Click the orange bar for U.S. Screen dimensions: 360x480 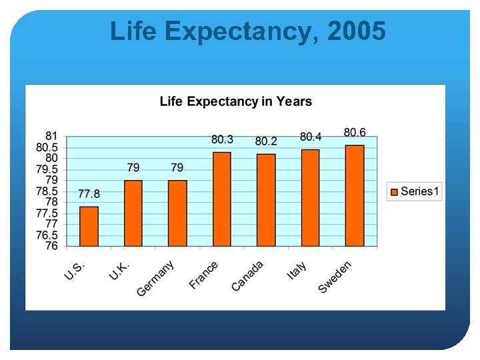tap(89, 227)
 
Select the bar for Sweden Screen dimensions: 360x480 tap(355, 196)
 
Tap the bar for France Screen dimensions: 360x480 tap(222, 199)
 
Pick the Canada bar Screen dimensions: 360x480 tap(266, 200)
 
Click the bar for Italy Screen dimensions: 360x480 tap(310, 198)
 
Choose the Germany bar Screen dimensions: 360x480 tap(177, 213)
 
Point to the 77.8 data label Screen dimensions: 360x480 tap(89, 194)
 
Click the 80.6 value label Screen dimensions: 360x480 tap(355, 133)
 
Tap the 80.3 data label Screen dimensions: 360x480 tap(222, 139)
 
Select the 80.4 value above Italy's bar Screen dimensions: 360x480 tap(311, 137)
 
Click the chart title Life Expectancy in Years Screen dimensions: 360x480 tap(235, 101)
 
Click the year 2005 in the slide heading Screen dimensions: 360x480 tap(357, 31)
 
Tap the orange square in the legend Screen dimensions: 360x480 tap(394, 192)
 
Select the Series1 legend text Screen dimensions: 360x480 tap(420, 192)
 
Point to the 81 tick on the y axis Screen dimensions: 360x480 tap(51, 136)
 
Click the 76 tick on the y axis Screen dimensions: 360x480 tap(51, 246)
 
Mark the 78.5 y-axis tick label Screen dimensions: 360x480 tap(47, 191)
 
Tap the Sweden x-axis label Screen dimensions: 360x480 tap(335, 277)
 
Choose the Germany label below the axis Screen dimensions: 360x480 tap(156, 279)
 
